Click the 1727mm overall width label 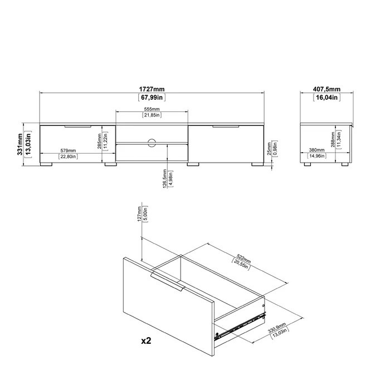pyautogui.click(x=152, y=89)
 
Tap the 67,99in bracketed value pyautogui.click(x=152, y=97)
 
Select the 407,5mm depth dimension pyautogui.click(x=326, y=89)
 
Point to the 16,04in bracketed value pyautogui.click(x=326, y=97)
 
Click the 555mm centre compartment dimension pyautogui.click(x=152, y=109)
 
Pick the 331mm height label pyautogui.click(x=20, y=144)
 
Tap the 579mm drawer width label pyautogui.click(x=68, y=150)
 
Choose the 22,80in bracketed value pyautogui.click(x=68, y=157)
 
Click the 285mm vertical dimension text pyautogui.click(x=99, y=142)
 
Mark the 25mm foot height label pyautogui.click(x=269, y=149)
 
